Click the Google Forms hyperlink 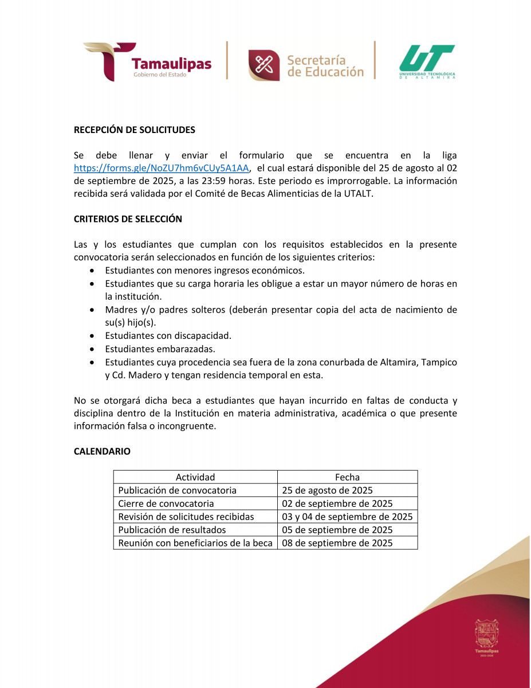point(162,168)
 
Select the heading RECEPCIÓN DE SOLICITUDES point(135,130)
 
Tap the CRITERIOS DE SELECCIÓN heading point(128,219)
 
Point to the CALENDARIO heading point(102,451)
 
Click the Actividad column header point(195,477)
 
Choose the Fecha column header point(347,477)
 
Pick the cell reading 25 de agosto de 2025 point(327,490)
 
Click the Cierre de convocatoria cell point(166,503)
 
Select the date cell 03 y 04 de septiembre point(347,517)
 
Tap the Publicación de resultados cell point(172,530)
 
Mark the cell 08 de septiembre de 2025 point(337,543)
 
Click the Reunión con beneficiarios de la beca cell point(195,543)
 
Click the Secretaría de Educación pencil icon point(263,65)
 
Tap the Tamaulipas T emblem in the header point(109,60)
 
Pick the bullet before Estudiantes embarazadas point(93,349)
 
